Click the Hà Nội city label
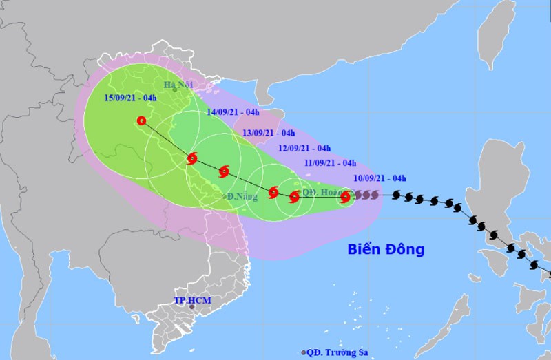(176, 85)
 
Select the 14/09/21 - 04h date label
(233, 112)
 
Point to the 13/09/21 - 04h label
(269, 133)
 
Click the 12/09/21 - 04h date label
(304, 148)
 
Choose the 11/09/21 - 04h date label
(330, 163)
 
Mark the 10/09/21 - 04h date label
(380, 179)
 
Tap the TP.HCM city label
(192, 301)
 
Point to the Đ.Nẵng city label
(242, 197)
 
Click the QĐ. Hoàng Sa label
(320, 193)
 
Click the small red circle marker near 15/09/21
(142, 120)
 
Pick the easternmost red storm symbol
(345, 198)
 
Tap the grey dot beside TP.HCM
(193, 308)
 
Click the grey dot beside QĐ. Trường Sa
(303, 352)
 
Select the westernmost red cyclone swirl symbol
(192, 159)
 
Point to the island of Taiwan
(492, 34)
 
